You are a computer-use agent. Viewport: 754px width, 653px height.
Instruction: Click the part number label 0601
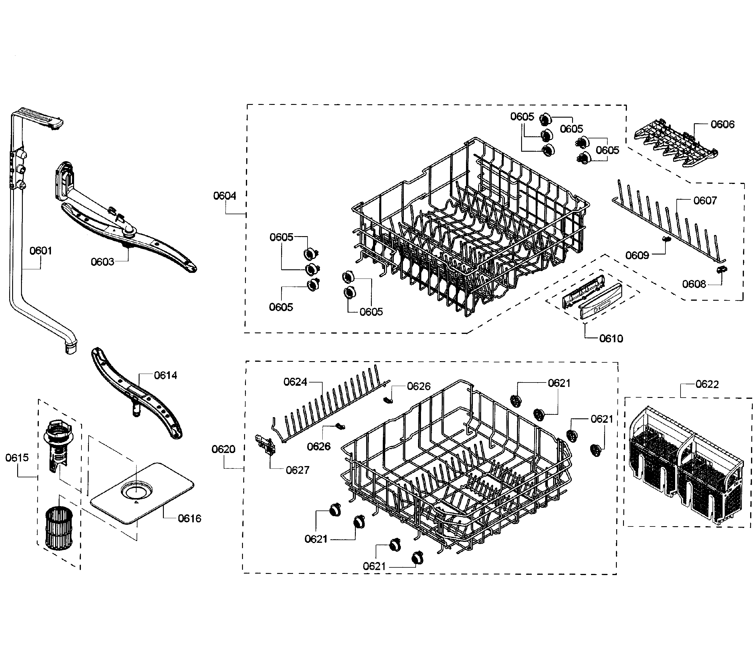[41, 251]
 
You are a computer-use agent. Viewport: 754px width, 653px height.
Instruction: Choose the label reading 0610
[611, 339]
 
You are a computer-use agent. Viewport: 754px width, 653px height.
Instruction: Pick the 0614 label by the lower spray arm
[165, 375]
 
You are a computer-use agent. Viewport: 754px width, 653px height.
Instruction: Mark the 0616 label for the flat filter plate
[189, 518]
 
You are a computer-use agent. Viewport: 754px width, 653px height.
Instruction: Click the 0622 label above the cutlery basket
[707, 385]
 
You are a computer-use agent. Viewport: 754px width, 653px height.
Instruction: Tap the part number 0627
[297, 470]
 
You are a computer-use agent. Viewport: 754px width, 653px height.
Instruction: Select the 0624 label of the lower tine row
[295, 382]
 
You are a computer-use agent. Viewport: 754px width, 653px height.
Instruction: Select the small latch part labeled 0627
[265, 444]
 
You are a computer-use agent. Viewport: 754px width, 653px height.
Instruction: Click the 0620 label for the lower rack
[223, 449]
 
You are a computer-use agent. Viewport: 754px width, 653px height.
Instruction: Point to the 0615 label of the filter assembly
[17, 458]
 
